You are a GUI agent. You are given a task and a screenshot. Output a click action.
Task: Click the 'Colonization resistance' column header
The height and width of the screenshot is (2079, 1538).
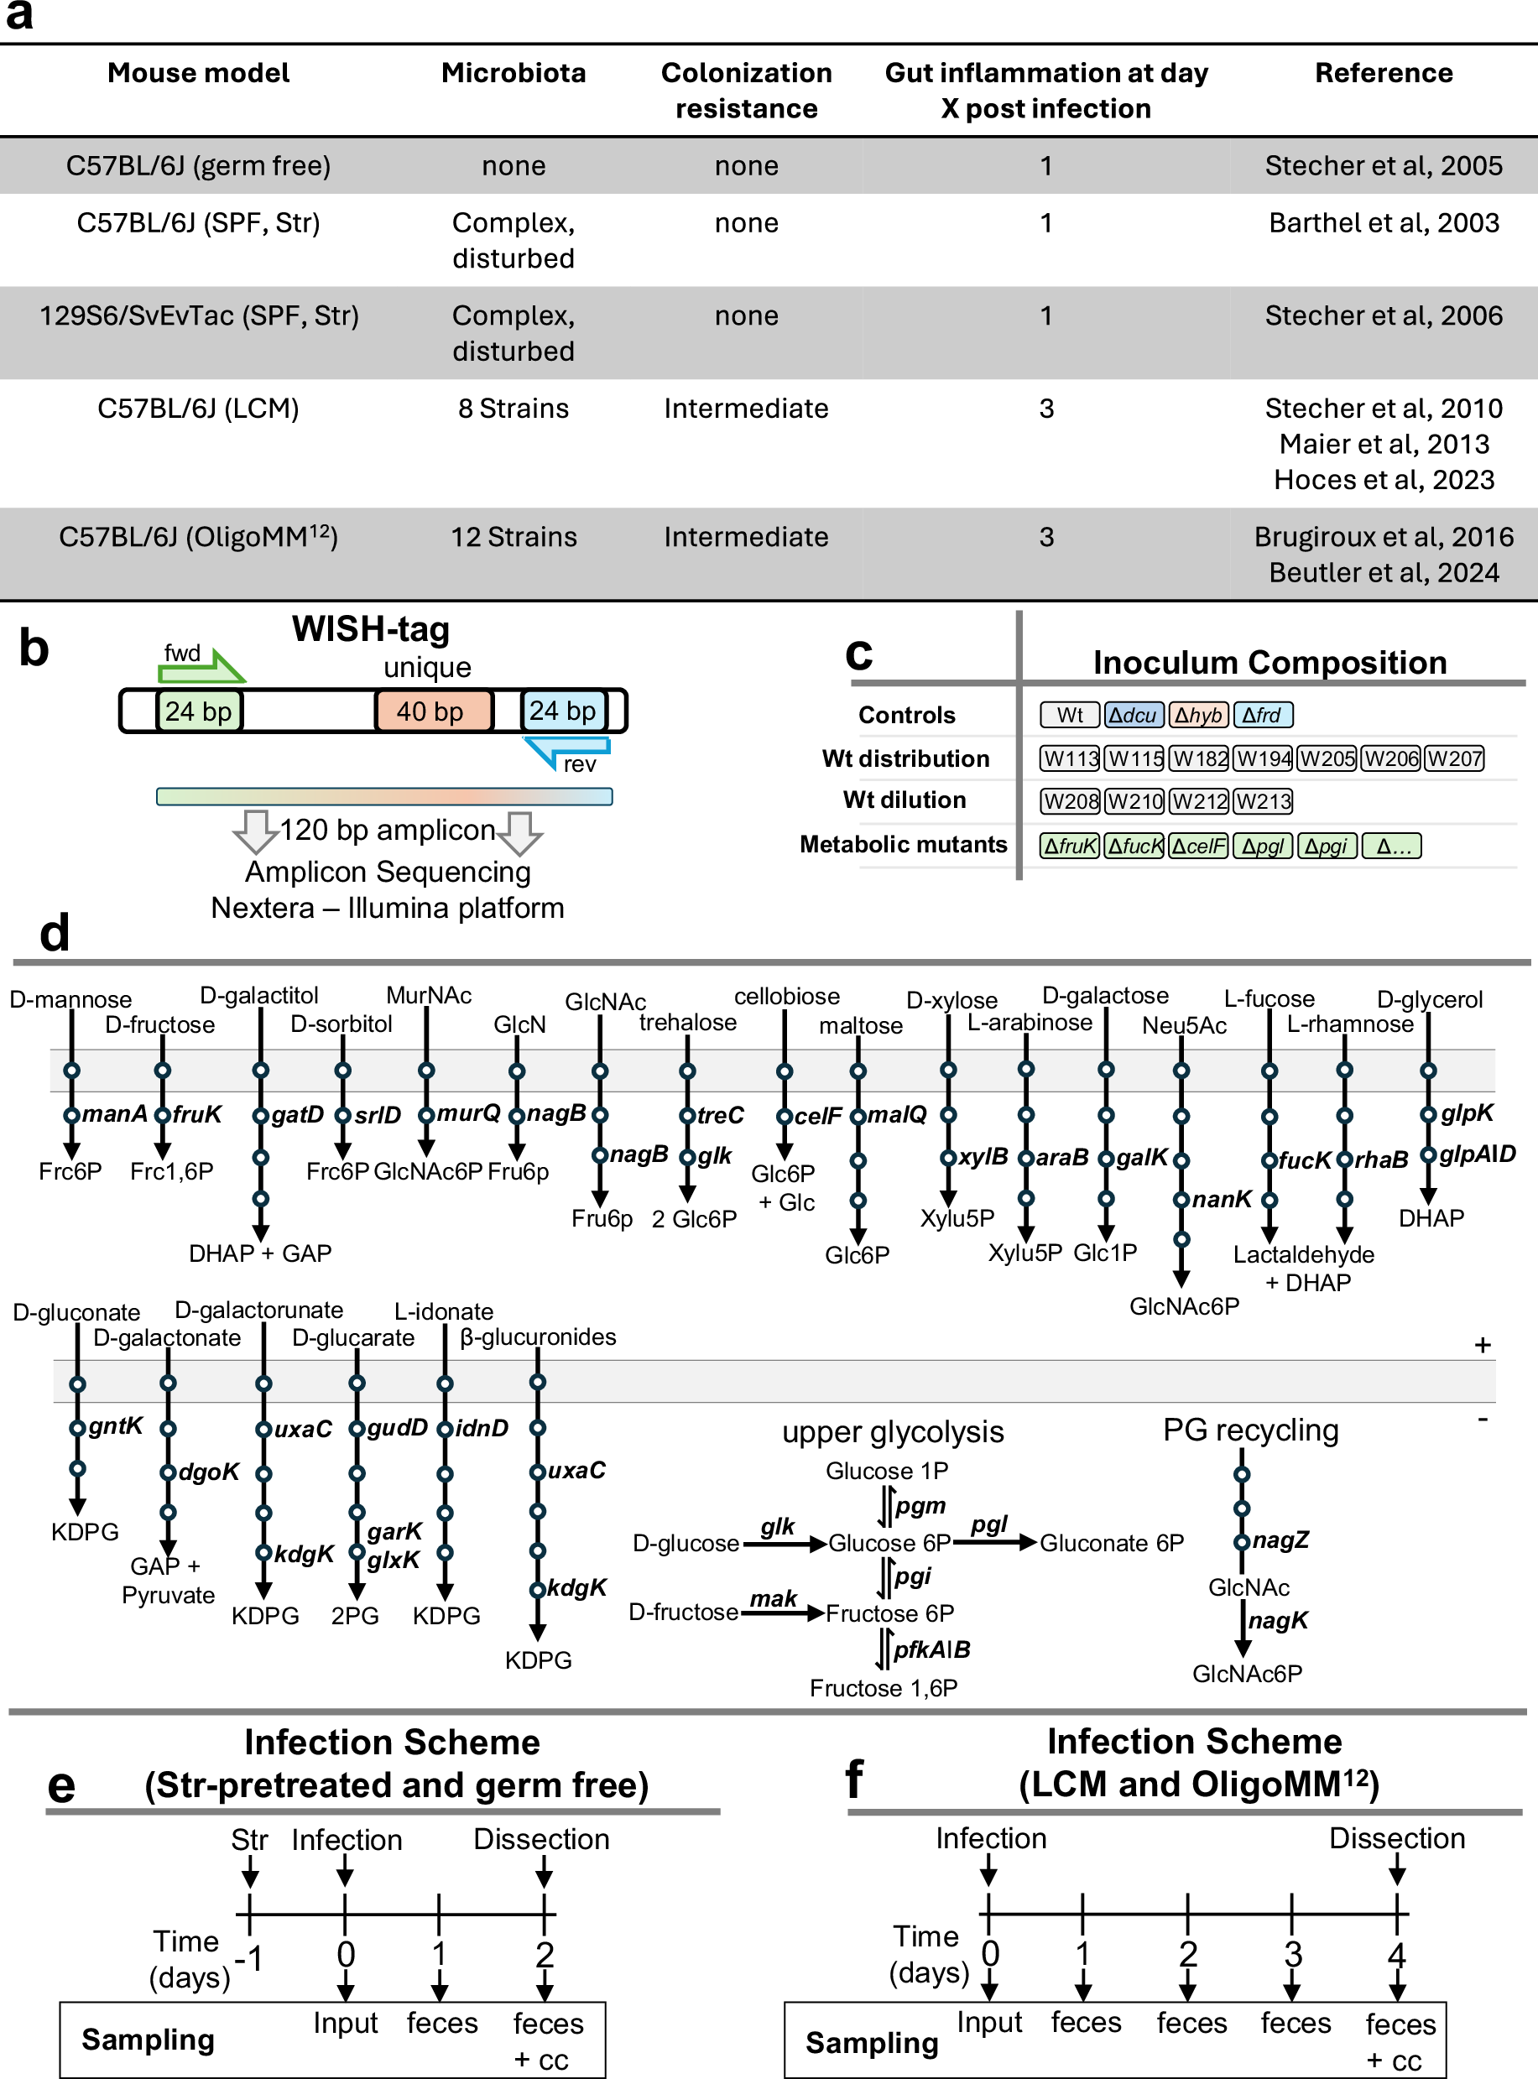(x=746, y=91)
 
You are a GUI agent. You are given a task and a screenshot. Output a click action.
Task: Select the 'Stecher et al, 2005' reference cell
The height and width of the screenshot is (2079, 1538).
(x=1383, y=166)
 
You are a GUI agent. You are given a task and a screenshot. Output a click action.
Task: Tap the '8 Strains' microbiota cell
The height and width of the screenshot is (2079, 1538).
(x=513, y=408)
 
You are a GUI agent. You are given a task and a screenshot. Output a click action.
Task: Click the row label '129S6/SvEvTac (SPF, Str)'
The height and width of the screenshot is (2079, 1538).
(x=198, y=315)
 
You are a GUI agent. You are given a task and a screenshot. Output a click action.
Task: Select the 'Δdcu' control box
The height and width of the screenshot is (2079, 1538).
(x=1133, y=715)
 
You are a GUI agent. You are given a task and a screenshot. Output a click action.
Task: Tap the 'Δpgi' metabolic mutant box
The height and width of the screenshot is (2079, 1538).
(x=1326, y=847)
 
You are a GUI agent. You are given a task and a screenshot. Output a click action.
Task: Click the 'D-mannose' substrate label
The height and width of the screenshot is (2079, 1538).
(x=70, y=999)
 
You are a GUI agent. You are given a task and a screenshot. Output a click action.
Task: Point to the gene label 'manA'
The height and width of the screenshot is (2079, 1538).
(x=113, y=1113)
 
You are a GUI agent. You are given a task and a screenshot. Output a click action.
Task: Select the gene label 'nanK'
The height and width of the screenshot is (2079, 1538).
(x=1222, y=1199)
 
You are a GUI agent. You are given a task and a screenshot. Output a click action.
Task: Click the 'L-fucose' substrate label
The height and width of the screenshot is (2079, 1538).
(x=1269, y=999)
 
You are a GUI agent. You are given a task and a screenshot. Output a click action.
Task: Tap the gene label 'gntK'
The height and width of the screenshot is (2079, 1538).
(x=116, y=1425)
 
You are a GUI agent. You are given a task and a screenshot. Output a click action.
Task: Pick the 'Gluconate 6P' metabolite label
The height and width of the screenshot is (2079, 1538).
(x=1112, y=1543)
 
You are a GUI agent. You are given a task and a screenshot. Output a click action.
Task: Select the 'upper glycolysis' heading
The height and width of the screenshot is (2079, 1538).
(x=893, y=1432)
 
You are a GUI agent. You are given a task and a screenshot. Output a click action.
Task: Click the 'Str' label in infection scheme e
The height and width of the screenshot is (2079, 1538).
(x=248, y=1840)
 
